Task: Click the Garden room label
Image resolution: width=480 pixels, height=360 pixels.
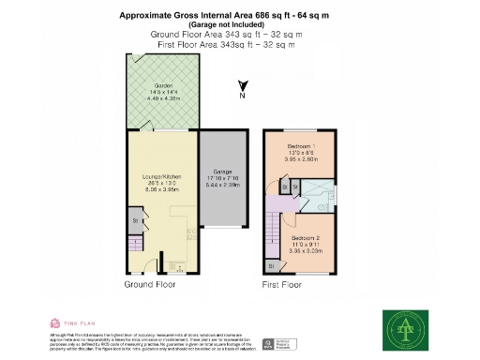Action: (x=164, y=84)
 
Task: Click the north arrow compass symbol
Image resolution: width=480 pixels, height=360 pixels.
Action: (x=241, y=92)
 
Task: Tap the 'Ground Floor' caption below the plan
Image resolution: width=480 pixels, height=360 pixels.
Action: (x=150, y=283)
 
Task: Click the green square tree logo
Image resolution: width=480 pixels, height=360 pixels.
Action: (x=405, y=329)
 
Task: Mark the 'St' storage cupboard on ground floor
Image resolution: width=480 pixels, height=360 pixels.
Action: (x=134, y=221)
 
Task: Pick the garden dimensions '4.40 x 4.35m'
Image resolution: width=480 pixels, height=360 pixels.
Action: (x=164, y=97)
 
